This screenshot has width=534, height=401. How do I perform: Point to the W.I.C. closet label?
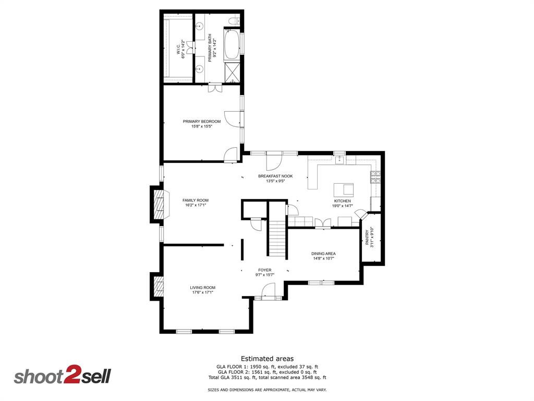(180, 49)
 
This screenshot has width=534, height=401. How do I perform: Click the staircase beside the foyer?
(277, 239)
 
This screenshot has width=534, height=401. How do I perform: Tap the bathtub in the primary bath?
(232, 44)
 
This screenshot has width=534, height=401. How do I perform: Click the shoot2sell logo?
(62, 376)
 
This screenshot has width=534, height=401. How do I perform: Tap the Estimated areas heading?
(267, 359)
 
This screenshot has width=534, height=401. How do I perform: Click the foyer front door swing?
(269, 290)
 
